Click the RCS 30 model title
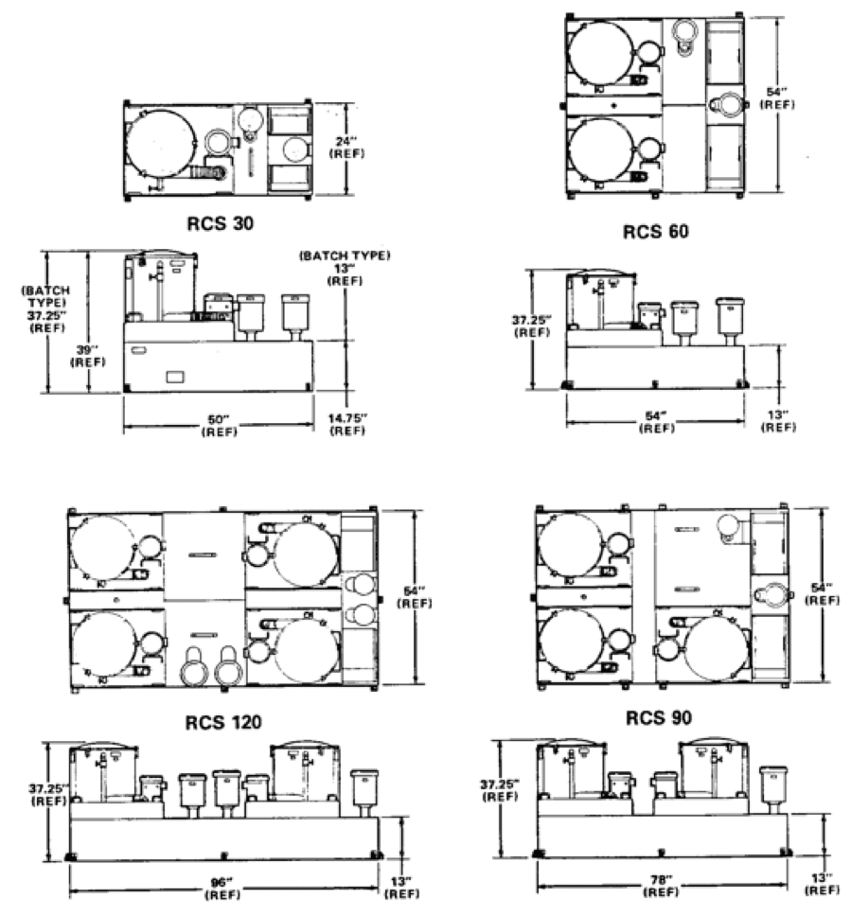[x=220, y=223]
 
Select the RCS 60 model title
[x=656, y=231]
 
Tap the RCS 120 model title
[x=223, y=723]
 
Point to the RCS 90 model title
[x=659, y=717]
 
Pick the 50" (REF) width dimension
[x=220, y=426]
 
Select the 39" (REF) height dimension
[x=88, y=356]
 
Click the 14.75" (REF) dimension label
[x=347, y=425]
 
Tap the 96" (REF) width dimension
[x=222, y=889]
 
